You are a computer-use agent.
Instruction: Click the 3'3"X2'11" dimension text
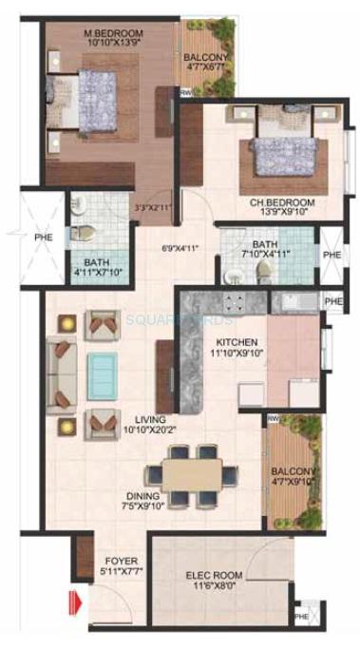pos(154,208)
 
